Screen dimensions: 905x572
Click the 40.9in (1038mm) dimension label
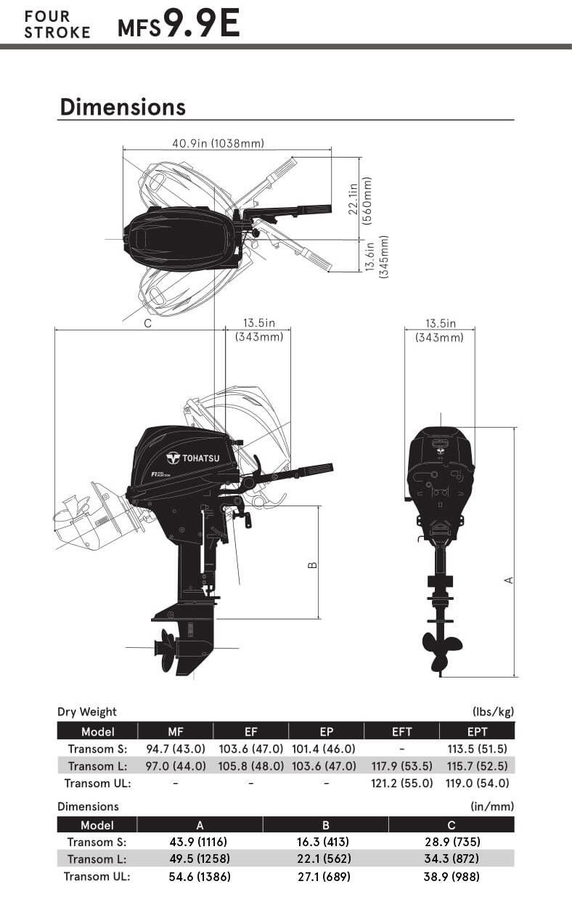point(218,143)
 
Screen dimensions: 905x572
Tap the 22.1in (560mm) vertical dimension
point(360,198)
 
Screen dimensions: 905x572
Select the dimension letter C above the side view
point(147,324)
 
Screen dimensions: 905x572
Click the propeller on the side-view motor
point(166,645)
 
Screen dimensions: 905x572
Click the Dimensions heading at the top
point(123,107)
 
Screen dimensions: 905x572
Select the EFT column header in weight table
point(401,731)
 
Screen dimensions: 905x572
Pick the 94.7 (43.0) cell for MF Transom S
point(175,749)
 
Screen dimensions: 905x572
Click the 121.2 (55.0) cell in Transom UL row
point(401,783)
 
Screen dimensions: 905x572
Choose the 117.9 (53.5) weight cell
point(401,766)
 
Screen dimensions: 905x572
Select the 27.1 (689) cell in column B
point(325,877)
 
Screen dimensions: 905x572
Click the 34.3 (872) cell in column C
point(451,859)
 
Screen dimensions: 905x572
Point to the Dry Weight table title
point(86,712)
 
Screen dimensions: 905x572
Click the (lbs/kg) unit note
point(493,712)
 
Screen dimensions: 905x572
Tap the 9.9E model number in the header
point(201,25)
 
